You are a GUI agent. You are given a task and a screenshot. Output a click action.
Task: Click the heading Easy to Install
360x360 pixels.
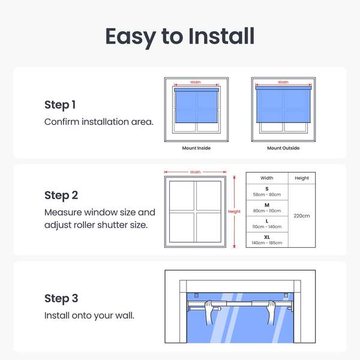tap(180, 37)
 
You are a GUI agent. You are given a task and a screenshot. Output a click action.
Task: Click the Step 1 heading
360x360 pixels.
tap(60, 105)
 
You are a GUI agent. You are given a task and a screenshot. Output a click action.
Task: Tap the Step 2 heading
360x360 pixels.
tap(61, 196)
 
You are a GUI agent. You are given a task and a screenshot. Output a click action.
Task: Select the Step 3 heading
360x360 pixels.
tap(61, 298)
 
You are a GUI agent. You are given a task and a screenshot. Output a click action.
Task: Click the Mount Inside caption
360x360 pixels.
tap(196, 148)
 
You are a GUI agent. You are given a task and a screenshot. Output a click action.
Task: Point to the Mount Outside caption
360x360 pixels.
tap(283, 148)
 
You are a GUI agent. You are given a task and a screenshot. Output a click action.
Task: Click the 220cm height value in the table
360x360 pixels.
tap(302, 216)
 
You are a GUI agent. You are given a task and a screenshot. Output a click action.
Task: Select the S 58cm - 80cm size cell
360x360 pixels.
tap(267, 192)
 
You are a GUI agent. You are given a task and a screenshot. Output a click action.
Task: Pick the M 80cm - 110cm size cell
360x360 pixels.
tap(267, 208)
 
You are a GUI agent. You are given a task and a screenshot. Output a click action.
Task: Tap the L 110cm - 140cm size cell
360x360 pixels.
tap(267, 224)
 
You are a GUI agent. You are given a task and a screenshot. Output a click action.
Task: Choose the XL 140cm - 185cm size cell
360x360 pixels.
tap(267, 240)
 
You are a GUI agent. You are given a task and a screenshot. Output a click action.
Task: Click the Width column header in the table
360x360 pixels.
tap(267, 178)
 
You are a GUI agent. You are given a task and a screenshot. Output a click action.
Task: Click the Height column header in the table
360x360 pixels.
tap(302, 178)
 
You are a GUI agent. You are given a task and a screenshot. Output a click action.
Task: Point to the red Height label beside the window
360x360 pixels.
tap(234, 211)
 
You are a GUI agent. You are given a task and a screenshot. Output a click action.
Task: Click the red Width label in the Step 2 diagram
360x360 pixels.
tap(196, 172)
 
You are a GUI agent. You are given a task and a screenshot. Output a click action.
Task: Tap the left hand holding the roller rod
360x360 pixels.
tap(209, 311)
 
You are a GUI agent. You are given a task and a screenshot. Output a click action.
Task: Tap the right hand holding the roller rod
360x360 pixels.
tap(271, 311)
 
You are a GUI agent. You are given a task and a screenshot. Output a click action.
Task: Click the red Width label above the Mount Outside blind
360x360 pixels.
tap(283, 82)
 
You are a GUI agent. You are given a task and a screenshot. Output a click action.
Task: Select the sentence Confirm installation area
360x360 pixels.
tap(99, 122)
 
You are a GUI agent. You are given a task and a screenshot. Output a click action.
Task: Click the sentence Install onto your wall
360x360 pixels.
tap(89, 316)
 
